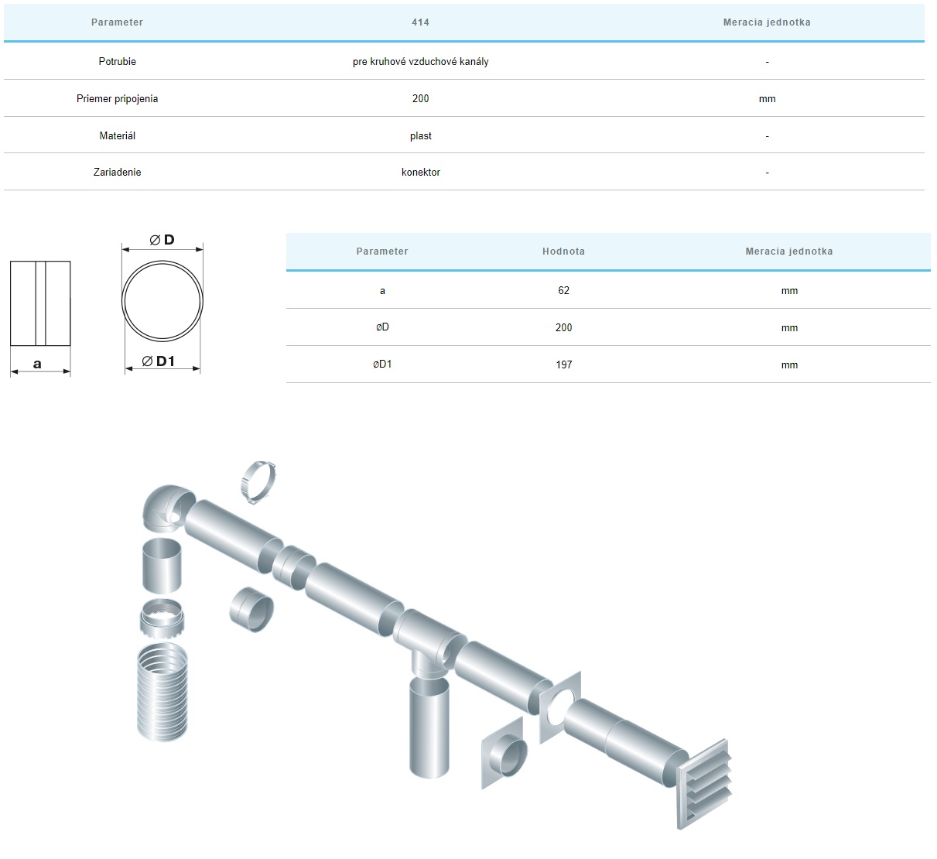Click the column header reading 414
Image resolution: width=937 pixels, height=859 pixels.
(x=420, y=22)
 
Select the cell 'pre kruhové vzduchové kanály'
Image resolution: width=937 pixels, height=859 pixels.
(x=420, y=61)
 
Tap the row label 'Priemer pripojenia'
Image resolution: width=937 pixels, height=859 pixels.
(x=118, y=98)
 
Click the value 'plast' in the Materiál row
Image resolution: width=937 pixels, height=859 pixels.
(x=420, y=135)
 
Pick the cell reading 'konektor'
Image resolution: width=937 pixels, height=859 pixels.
(x=420, y=172)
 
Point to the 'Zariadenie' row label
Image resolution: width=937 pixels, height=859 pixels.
(x=118, y=172)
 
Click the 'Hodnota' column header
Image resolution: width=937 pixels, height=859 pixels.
(x=563, y=251)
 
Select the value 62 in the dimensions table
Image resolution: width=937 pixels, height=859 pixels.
(x=563, y=290)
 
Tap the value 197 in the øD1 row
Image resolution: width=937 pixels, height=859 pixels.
(x=563, y=364)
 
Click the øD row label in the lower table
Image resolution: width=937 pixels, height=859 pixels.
(x=382, y=327)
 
